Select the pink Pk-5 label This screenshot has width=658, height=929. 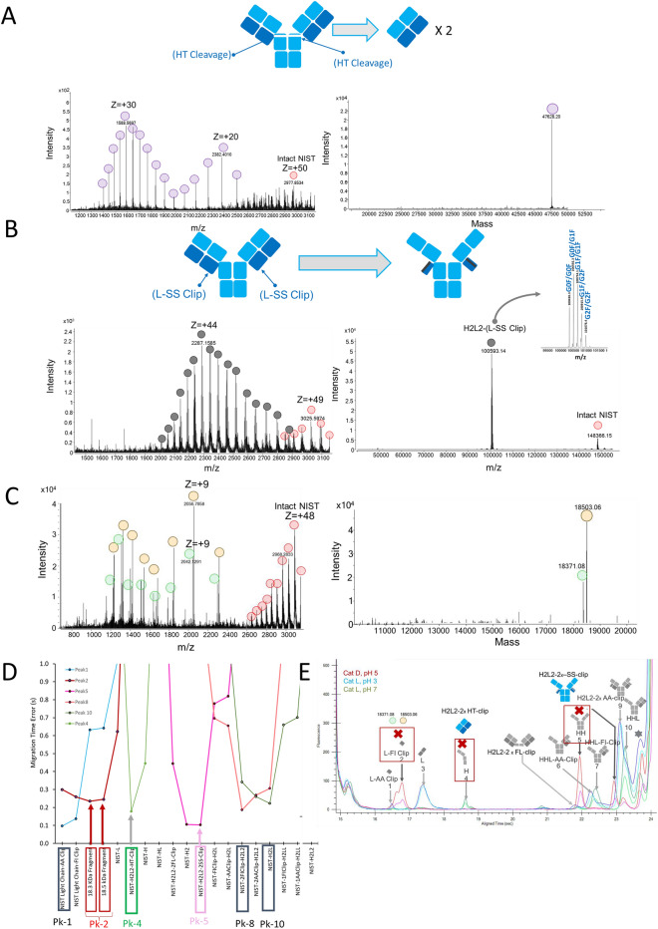(x=200, y=910)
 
